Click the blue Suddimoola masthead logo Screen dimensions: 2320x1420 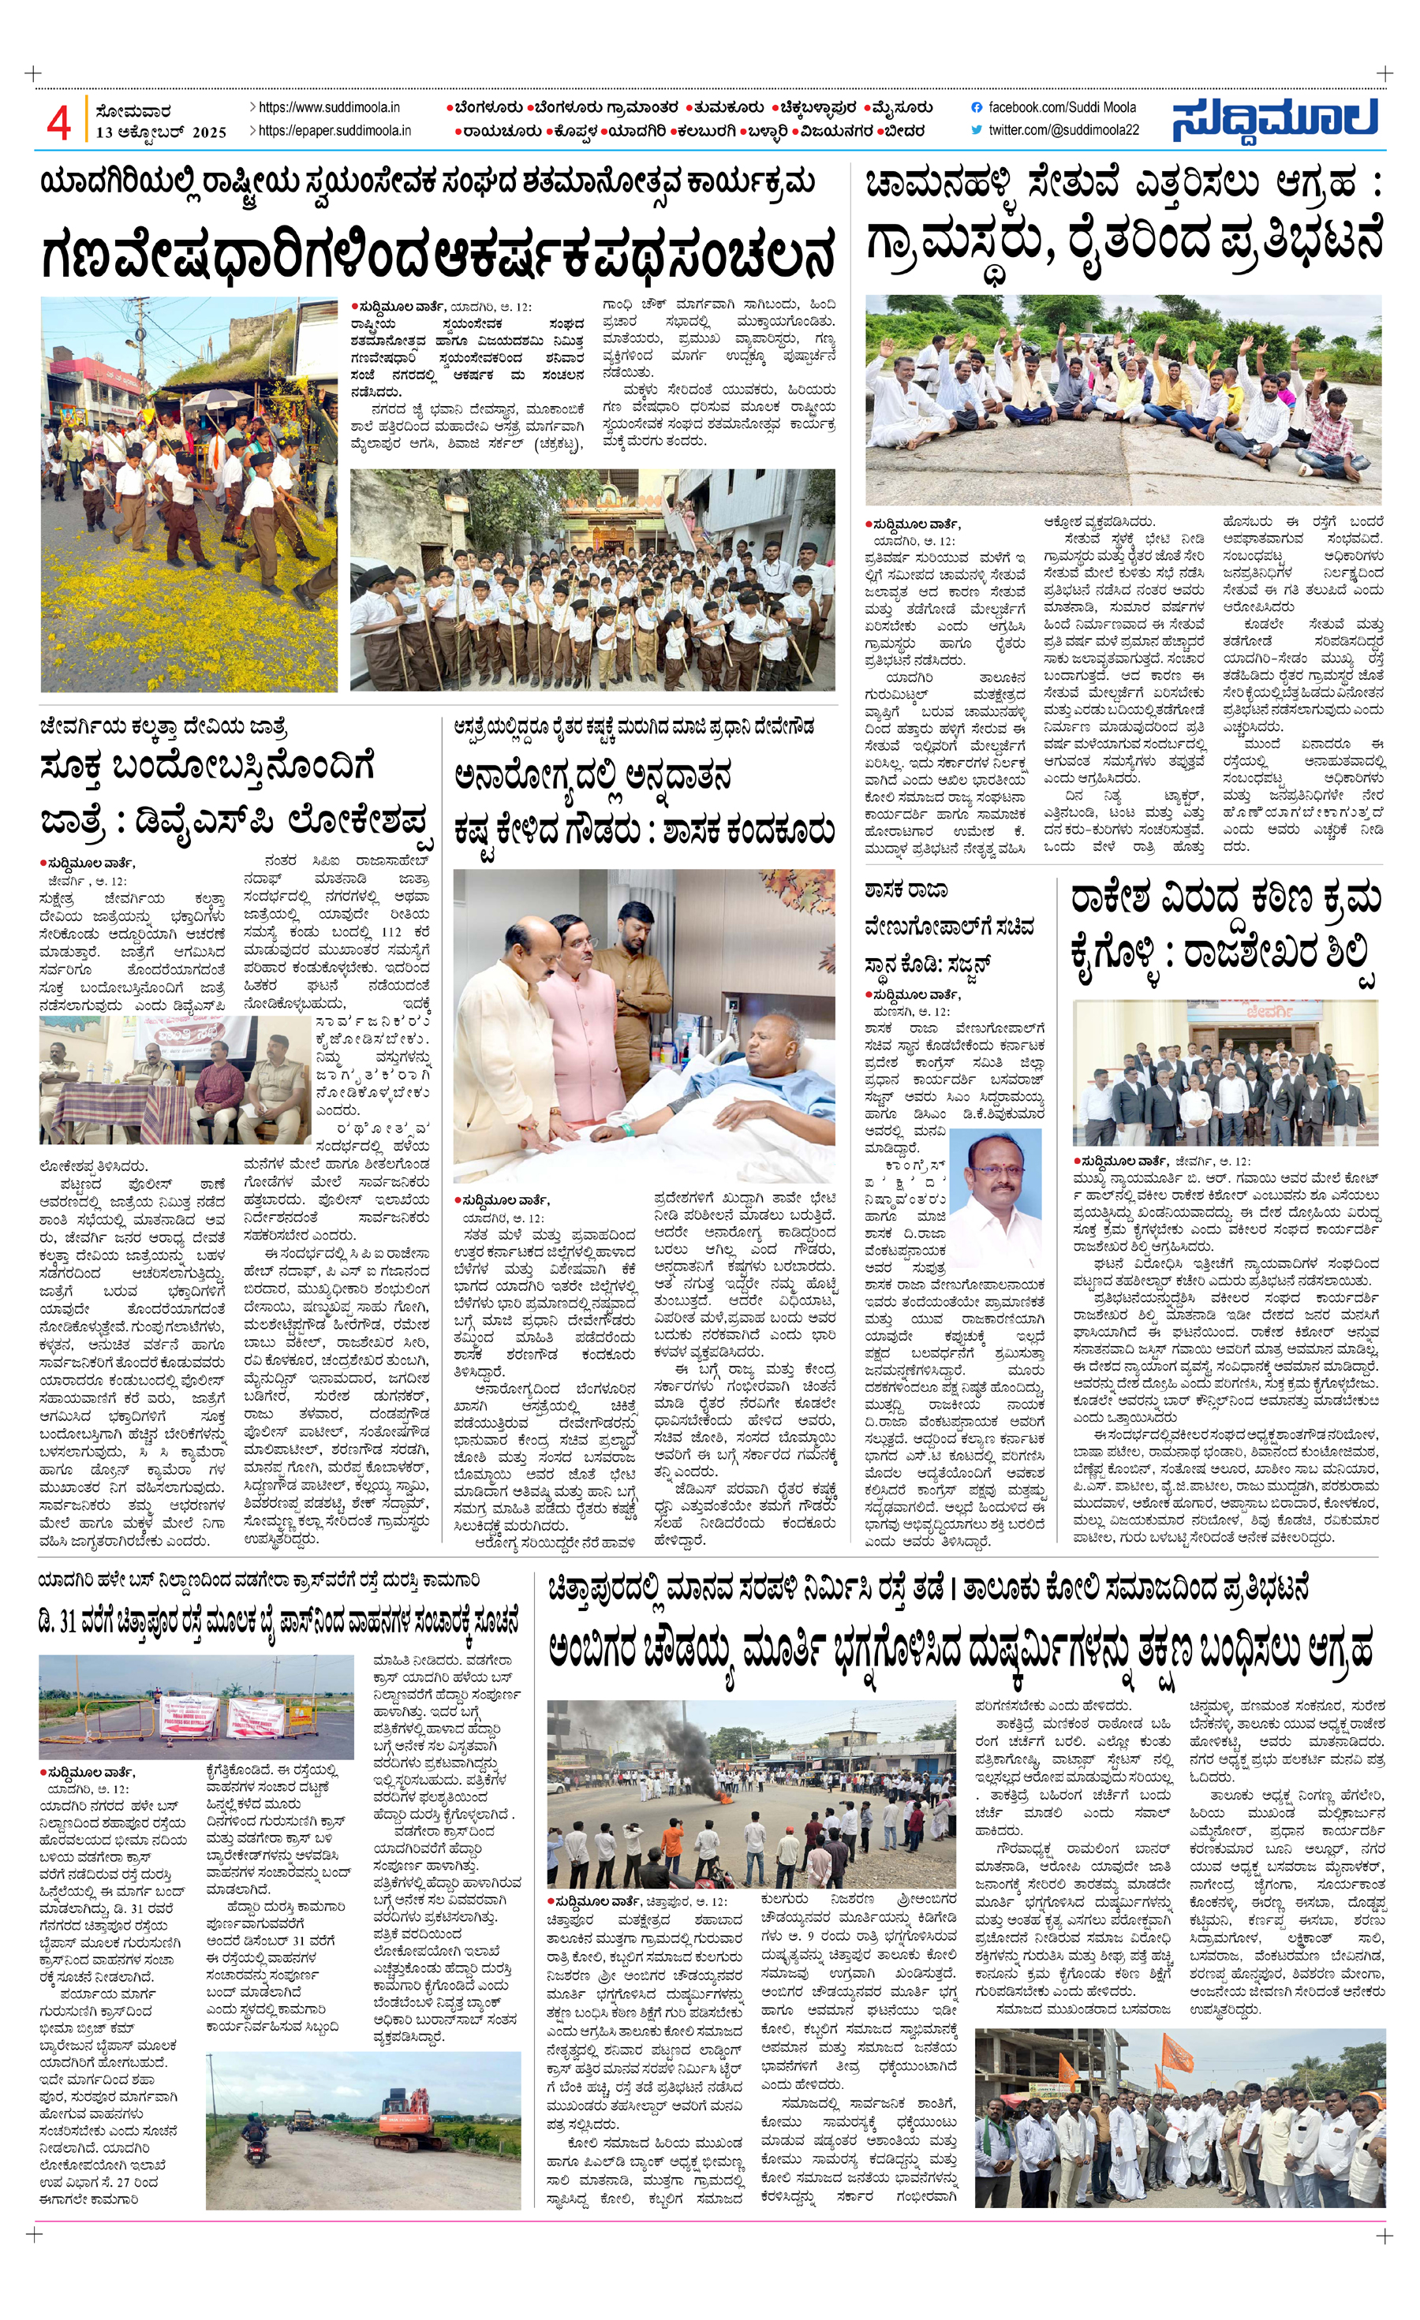click(x=1276, y=120)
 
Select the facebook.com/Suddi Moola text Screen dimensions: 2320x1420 click(x=1061, y=107)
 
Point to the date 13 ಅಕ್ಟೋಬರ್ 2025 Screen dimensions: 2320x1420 click(x=161, y=132)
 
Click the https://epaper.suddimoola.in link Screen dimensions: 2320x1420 click(x=334, y=131)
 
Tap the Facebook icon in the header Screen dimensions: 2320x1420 click(x=977, y=107)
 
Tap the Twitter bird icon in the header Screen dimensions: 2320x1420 click(x=977, y=130)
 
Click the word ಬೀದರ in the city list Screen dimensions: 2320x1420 click(x=903, y=131)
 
